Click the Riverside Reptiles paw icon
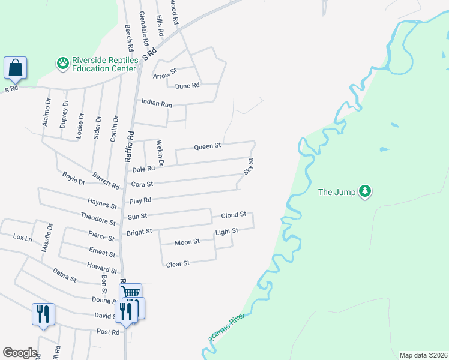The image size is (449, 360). click(62, 62)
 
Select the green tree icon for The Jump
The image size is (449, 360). click(365, 192)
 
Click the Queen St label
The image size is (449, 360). click(208, 146)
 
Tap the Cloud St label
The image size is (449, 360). click(234, 214)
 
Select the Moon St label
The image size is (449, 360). click(187, 242)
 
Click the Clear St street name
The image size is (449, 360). click(178, 263)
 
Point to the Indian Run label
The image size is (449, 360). click(157, 103)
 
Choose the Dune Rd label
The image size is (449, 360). click(187, 86)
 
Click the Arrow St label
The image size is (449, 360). click(165, 75)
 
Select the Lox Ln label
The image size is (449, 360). click(22, 238)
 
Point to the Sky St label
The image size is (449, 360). click(249, 166)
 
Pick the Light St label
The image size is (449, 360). click(227, 231)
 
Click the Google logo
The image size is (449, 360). click(20, 353)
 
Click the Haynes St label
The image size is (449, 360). click(101, 204)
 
